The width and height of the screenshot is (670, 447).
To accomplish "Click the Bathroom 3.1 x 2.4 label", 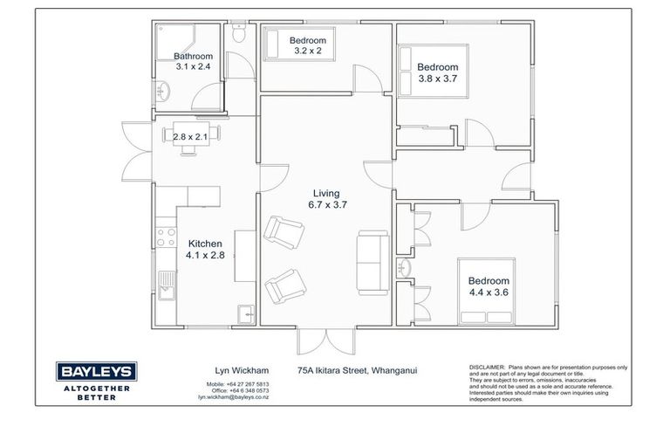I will pos(193,61).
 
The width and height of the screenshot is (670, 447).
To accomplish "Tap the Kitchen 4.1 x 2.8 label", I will pos(204,250).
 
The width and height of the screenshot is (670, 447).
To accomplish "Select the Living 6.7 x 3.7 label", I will pos(327,199).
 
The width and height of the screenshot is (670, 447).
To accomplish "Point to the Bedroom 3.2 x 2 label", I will pos(307,45).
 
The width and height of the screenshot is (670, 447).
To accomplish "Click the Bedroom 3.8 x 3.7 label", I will pos(437,72).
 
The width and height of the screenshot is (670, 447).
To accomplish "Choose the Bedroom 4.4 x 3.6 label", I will pos(489,285).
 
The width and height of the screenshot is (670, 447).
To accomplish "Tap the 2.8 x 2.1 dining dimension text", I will pos(191,137).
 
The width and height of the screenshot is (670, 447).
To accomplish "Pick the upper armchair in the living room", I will pos(281,233).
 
